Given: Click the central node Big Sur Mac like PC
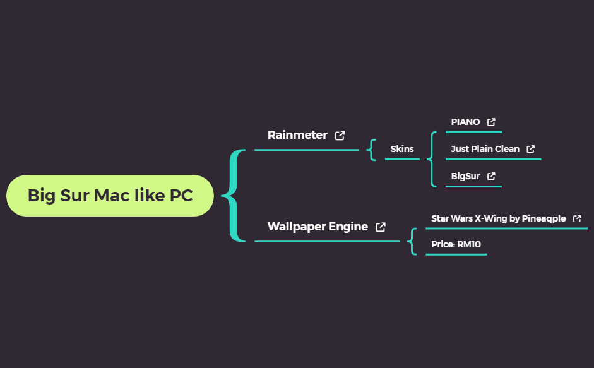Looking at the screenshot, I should click(110, 196).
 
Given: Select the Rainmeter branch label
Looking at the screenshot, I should click(297, 135).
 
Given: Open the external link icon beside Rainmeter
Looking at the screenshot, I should click(340, 135).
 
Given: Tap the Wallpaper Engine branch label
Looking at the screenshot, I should click(318, 227).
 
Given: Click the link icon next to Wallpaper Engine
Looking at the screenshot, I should click(381, 227).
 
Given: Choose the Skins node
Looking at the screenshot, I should click(402, 149).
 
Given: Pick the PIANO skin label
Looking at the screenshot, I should click(465, 122).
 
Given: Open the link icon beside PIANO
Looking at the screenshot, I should click(491, 122).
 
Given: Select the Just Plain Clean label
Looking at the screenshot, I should click(485, 149).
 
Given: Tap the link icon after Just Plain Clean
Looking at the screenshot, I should click(531, 150).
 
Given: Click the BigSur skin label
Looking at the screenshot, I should click(465, 176).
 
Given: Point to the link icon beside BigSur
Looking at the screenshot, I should click(491, 177).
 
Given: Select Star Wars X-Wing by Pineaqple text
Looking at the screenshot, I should click(498, 218).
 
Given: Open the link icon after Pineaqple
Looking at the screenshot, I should click(577, 218).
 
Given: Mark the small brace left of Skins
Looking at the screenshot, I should click(372, 150).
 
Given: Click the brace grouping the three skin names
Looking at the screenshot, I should click(432, 159).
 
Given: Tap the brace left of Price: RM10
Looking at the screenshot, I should click(413, 242).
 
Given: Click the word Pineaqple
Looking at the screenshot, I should click(544, 218).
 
